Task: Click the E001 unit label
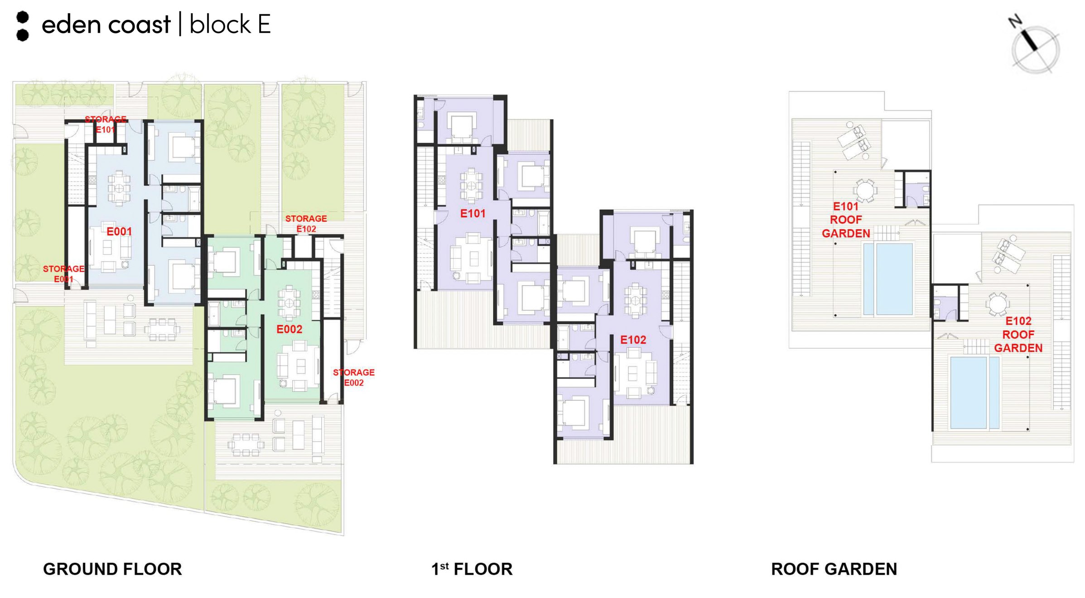point(119,232)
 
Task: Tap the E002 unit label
point(289,329)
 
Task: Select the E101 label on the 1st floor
point(473,214)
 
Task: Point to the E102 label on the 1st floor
point(633,340)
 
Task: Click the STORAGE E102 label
point(306,224)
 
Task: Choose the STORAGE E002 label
point(354,377)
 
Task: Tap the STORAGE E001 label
point(64,274)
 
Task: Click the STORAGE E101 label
point(106,124)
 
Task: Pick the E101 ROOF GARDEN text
point(846,220)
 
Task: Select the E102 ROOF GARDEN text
point(1018,335)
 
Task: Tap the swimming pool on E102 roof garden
point(975,393)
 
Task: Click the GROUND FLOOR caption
point(112,569)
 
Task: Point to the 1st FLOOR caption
point(472,569)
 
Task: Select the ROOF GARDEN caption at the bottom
point(834,569)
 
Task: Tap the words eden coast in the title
point(106,24)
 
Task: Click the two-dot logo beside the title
point(23,26)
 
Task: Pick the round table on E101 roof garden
point(865,190)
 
